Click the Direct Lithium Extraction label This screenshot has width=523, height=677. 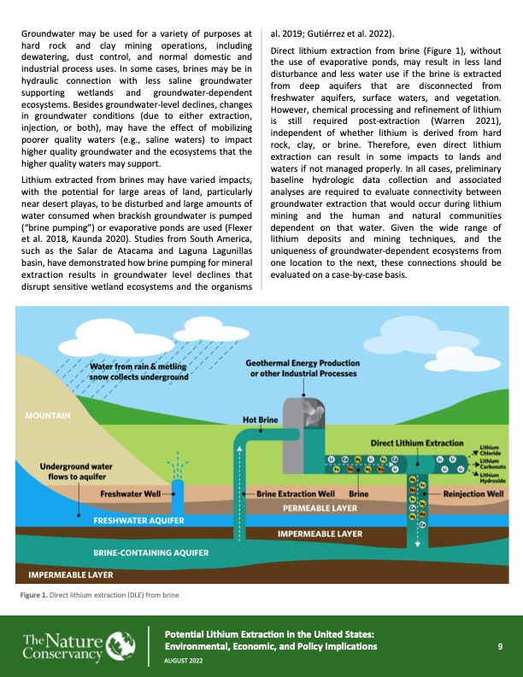(420, 444)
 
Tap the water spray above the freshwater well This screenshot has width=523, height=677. (177, 467)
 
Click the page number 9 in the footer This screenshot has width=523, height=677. (499, 646)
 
